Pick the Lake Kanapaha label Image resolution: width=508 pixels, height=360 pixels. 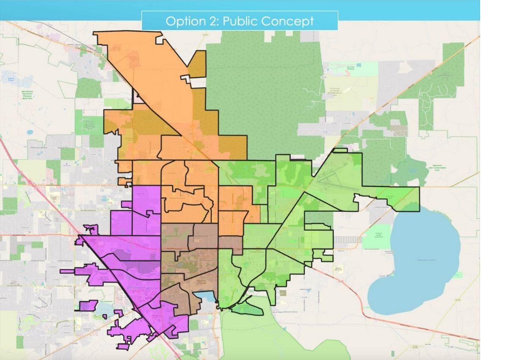(x=107, y=302)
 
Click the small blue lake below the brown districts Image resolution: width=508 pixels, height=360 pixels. (x=205, y=296)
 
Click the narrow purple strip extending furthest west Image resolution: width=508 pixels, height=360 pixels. (x=68, y=270)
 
